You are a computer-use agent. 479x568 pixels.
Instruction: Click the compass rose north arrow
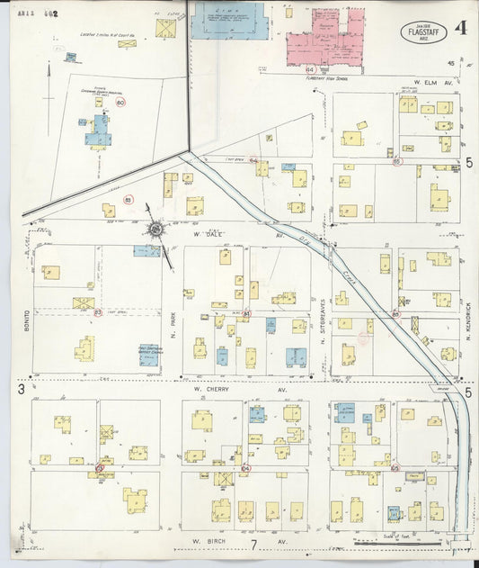click(156, 230)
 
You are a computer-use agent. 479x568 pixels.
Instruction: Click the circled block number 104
click(245, 468)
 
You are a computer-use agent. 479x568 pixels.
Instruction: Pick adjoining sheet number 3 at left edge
click(20, 389)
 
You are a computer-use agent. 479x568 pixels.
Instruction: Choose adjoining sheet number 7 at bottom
click(254, 545)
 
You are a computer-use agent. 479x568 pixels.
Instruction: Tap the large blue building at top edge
click(227, 20)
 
